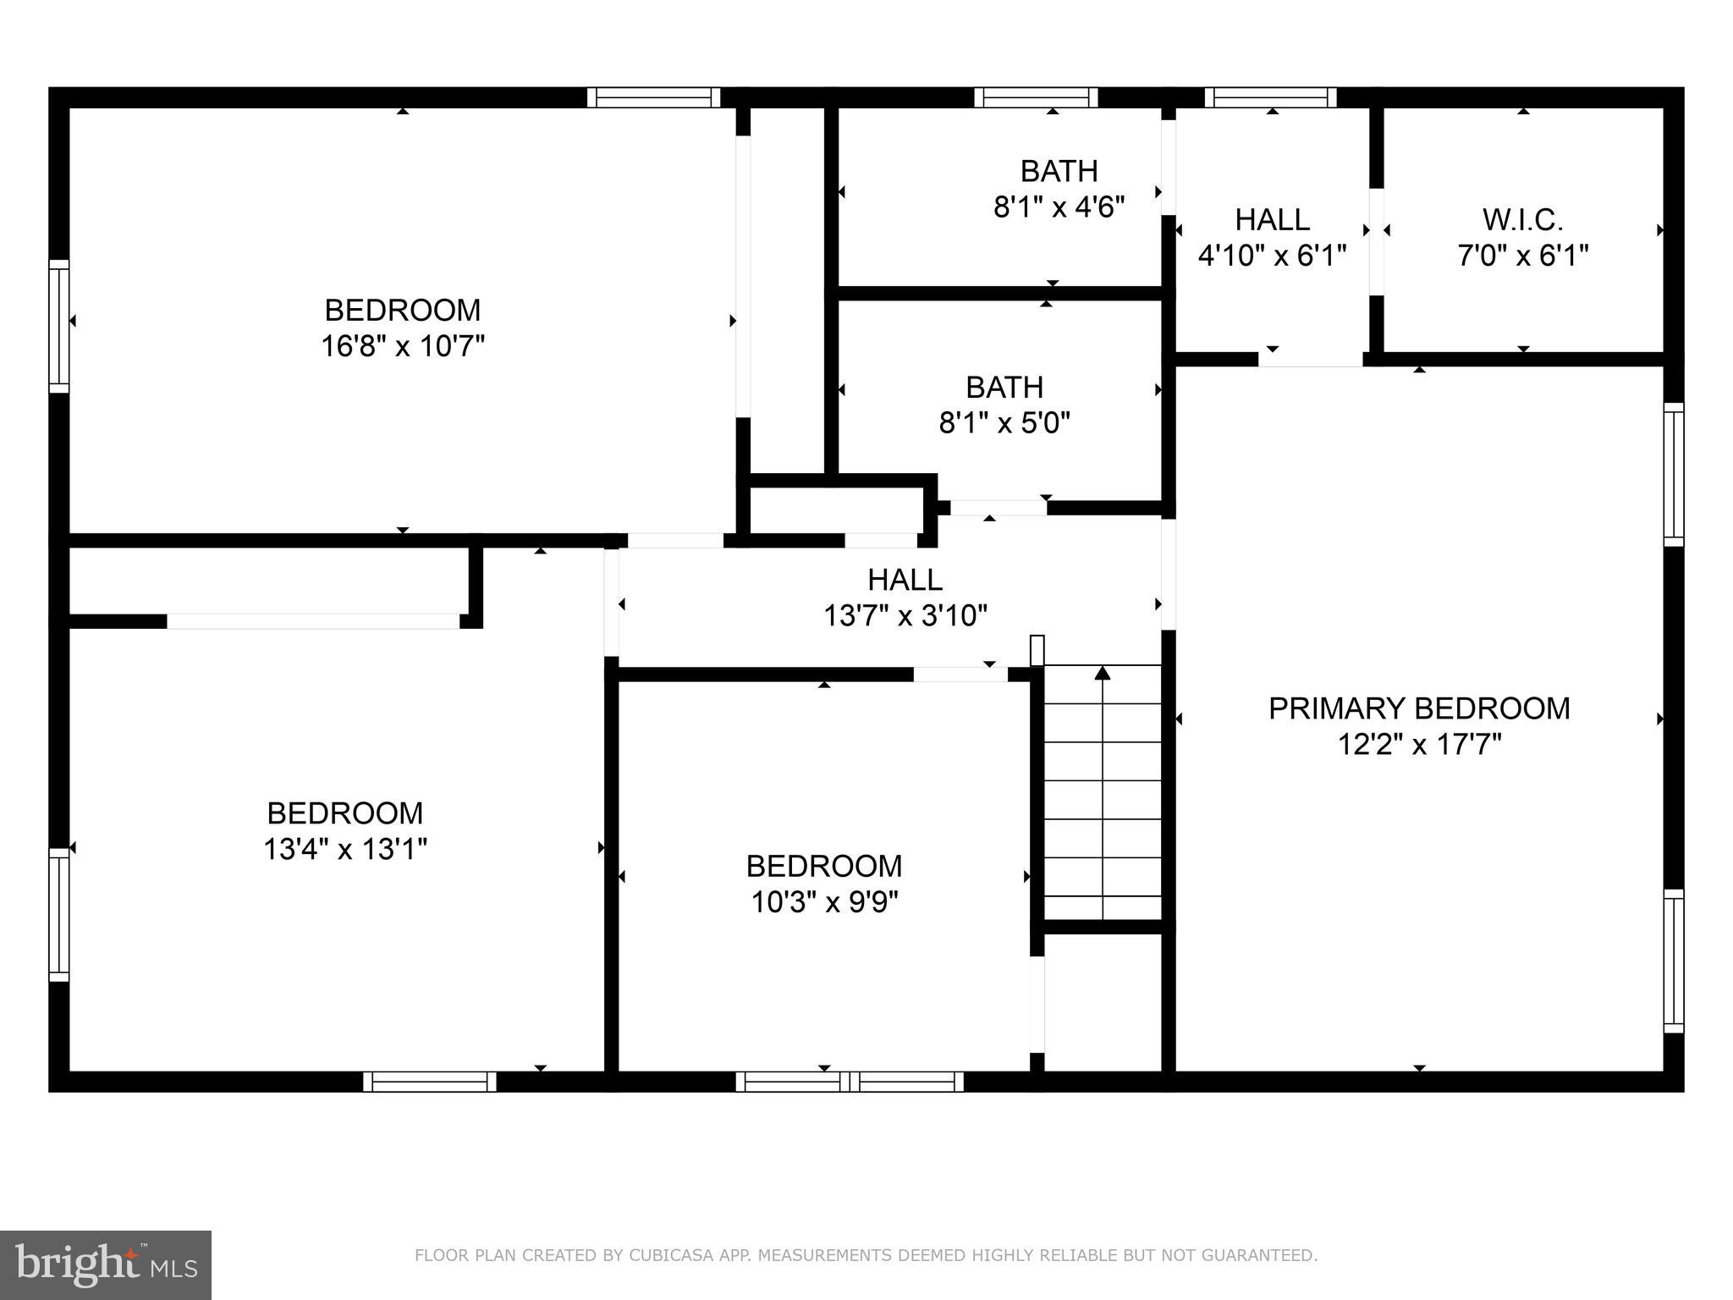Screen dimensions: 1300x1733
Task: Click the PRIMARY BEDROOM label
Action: click(1419, 708)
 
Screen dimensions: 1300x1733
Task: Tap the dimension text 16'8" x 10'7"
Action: click(403, 346)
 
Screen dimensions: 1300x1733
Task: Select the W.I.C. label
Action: click(1522, 220)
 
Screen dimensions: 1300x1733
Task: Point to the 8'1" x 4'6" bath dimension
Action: click(1059, 207)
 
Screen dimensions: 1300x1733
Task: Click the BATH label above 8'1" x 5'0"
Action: click(1004, 388)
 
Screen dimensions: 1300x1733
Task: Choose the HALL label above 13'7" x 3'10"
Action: click(905, 580)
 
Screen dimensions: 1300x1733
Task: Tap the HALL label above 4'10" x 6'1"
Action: click(1272, 220)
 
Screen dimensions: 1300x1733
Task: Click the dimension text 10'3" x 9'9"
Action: click(824, 902)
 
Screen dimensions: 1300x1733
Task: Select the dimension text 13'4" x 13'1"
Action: click(345, 849)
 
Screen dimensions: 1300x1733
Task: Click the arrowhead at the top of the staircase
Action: click(1102, 674)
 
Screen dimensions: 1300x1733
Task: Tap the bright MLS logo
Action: click(105, 1264)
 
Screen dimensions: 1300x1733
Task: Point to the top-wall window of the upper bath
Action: click(1036, 98)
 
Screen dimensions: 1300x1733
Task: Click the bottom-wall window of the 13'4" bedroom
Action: click(430, 1082)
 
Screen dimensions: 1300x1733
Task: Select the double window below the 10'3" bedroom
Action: click(850, 1082)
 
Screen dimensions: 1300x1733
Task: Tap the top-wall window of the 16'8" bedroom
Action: click(654, 98)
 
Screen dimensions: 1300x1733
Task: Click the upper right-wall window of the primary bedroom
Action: click(1673, 474)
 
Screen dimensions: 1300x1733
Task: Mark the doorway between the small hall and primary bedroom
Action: click(1310, 360)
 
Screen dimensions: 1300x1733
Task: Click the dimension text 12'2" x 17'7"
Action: click(1419, 745)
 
